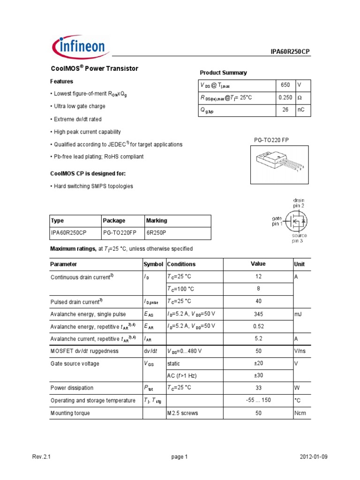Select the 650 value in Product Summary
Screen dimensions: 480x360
[285, 85]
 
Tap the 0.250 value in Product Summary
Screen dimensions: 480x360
[285, 97]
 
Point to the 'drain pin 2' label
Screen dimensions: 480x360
[299, 203]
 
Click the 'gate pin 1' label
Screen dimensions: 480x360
[277, 221]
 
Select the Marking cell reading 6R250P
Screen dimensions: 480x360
[157, 232]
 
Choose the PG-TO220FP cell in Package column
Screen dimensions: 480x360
[117, 232]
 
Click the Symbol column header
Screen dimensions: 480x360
[153, 264]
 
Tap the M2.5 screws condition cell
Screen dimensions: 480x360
[182, 413]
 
